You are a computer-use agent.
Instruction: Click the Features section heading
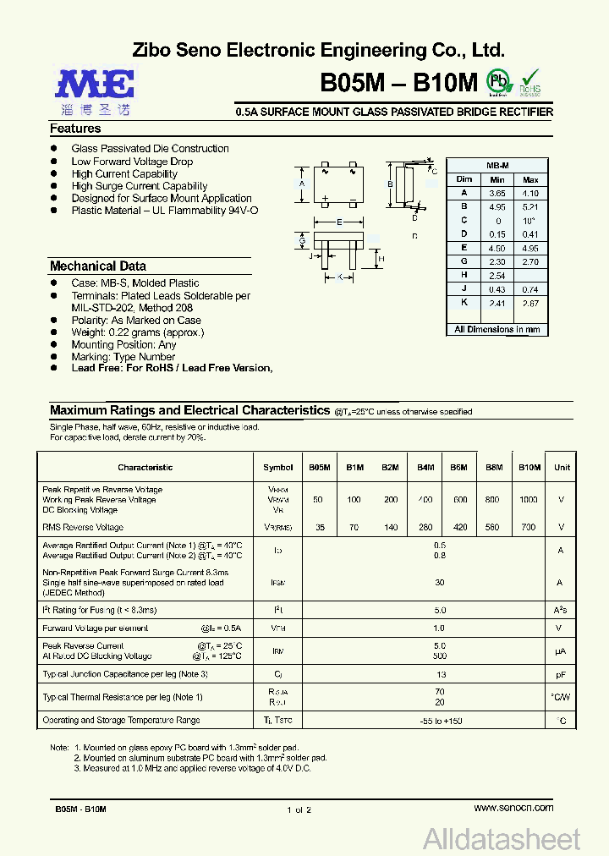click(x=75, y=129)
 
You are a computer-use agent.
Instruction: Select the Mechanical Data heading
click(x=97, y=266)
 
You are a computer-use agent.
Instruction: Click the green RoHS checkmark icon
click(x=530, y=79)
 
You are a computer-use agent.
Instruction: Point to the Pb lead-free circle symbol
click(x=500, y=81)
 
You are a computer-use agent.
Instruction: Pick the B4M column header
click(x=425, y=467)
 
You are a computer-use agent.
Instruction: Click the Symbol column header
click(x=277, y=467)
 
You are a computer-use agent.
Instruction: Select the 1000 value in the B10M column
click(x=528, y=500)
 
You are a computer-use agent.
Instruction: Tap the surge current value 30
click(x=439, y=582)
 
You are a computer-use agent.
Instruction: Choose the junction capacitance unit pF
click(x=561, y=674)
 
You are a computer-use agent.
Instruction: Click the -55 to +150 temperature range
click(x=439, y=721)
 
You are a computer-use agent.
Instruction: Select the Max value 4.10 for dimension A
click(x=530, y=194)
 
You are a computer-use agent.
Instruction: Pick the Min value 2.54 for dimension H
click(x=497, y=276)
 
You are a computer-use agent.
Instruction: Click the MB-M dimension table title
click(x=497, y=166)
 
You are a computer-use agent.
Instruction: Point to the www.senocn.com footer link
click(x=513, y=808)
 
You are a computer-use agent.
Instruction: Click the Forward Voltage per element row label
click(x=96, y=628)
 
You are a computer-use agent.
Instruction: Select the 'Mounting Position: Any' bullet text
click(x=123, y=344)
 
